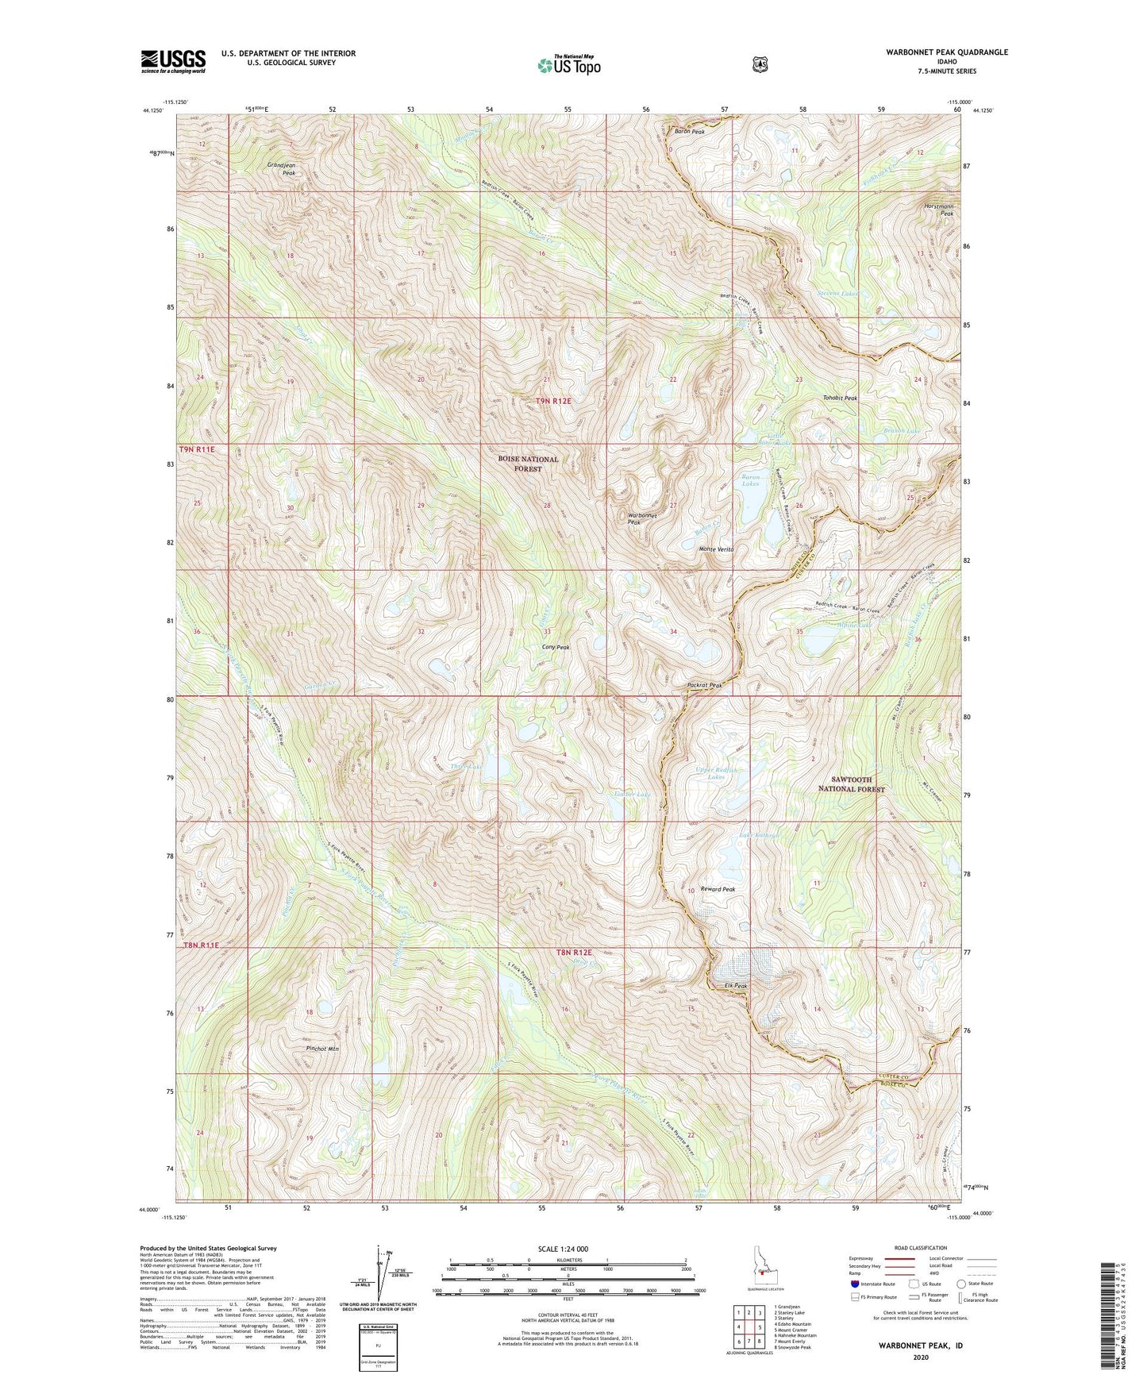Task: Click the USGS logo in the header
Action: coord(173,60)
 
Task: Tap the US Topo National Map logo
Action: coord(568,64)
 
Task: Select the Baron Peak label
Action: coord(689,132)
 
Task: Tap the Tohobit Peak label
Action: coord(840,398)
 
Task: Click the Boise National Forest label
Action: coord(528,464)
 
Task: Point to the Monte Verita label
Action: coord(716,549)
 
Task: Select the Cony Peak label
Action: coord(555,647)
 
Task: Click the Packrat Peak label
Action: coord(704,685)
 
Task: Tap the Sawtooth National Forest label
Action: coord(852,784)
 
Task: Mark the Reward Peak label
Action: coord(718,889)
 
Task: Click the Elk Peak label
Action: coord(736,986)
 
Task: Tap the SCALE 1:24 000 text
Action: coord(563,1249)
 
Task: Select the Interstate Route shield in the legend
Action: coord(855,1283)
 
